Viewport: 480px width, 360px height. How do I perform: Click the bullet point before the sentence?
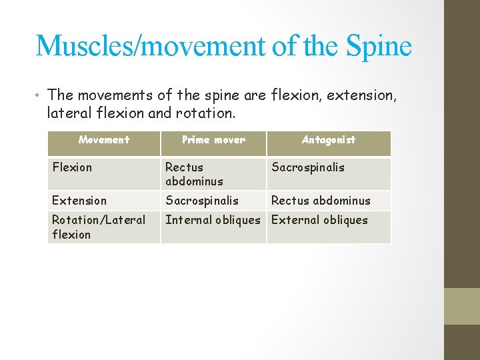click(x=40, y=95)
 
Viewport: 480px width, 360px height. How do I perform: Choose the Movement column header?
click(x=103, y=140)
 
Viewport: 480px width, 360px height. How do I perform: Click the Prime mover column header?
click(x=213, y=140)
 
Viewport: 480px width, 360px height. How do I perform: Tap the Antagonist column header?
click(x=329, y=140)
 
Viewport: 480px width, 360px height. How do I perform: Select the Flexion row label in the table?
click(x=72, y=167)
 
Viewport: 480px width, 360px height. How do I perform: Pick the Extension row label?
click(x=79, y=201)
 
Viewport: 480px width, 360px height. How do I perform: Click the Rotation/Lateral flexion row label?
click(x=98, y=227)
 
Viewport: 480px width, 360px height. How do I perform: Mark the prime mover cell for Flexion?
click(x=193, y=174)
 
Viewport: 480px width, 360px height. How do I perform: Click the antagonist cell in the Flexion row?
click(x=308, y=167)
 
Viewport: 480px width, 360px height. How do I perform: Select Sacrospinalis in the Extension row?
click(x=202, y=201)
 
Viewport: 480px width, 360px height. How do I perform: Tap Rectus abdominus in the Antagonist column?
click(x=321, y=201)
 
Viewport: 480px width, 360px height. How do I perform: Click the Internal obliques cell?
click(x=213, y=220)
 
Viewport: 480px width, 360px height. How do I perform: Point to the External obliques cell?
click(x=320, y=220)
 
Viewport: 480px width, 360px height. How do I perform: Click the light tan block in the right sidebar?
click(x=461, y=305)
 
